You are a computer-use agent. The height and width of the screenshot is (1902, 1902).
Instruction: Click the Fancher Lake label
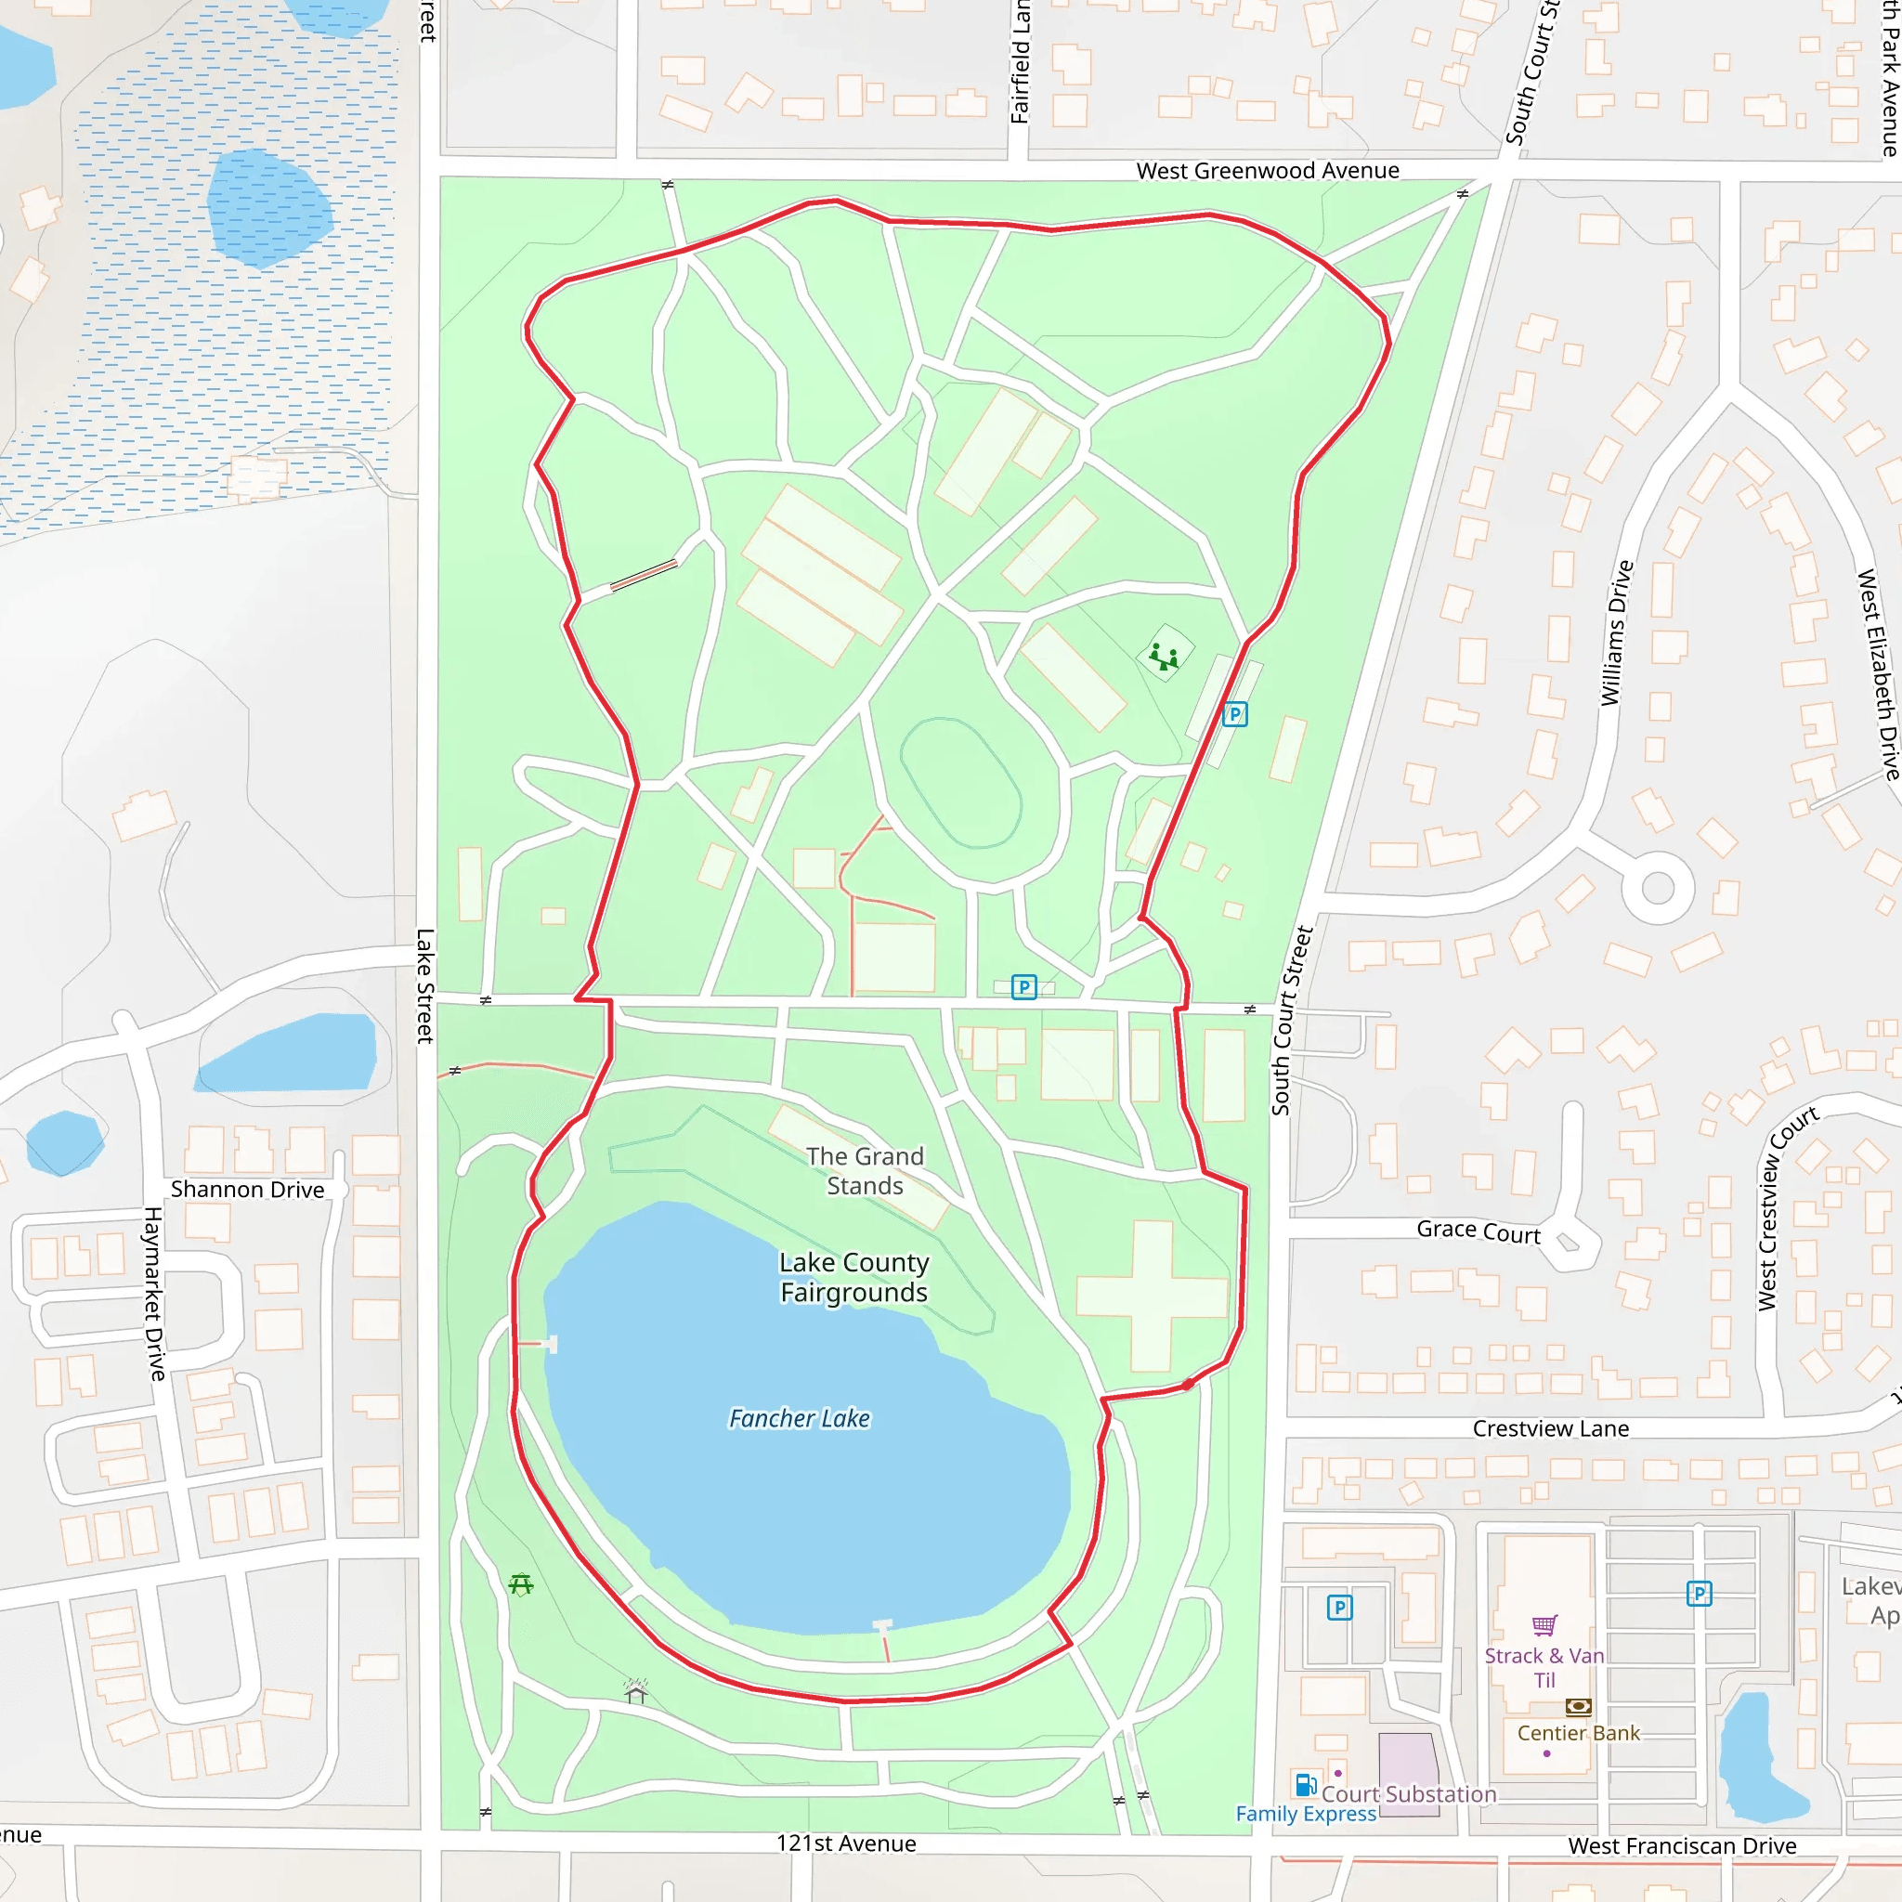pos(800,1419)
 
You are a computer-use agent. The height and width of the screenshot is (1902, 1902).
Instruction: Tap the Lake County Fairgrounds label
pos(853,1277)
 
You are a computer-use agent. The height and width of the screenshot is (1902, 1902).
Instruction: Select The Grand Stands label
pos(865,1170)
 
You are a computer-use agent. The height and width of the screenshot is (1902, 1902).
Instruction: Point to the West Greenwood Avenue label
pos(1267,170)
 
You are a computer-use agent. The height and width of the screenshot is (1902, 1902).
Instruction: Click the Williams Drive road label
pos(1616,633)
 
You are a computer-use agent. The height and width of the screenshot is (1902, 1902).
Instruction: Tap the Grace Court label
pos(1478,1231)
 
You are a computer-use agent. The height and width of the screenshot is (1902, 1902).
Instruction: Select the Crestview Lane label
pos(1551,1428)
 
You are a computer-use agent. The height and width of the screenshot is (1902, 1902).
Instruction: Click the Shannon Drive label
pos(247,1190)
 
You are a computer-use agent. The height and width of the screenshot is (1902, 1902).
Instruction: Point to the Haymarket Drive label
pos(154,1294)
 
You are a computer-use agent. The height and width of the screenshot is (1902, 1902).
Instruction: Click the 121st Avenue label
pos(846,1843)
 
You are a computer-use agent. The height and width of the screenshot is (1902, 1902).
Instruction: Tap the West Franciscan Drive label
pos(1682,1846)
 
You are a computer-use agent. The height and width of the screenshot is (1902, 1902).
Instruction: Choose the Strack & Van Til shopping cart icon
pos(1544,1624)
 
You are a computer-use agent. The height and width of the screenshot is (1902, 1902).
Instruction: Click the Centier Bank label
pos(1578,1733)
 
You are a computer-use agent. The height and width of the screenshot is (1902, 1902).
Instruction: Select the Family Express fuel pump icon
pos(1306,1785)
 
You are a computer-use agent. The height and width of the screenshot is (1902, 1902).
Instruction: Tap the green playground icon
pos(1164,655)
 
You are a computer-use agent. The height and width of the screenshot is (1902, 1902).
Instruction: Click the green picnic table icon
pos(521,1584)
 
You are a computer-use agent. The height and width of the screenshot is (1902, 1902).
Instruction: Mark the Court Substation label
pos(1408,1793)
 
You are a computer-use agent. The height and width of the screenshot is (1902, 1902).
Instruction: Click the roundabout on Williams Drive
pos(1658,887)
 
